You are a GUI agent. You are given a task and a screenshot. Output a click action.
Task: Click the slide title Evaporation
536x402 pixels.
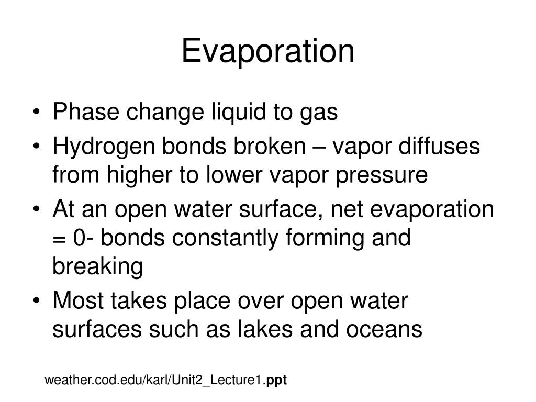[267, 51]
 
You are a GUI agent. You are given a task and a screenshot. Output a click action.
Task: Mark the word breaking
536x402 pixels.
[97, 267]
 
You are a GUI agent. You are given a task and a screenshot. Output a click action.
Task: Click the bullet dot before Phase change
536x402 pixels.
[40, 113]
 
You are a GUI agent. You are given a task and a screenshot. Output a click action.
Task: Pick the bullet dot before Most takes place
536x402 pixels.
[40, 301]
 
